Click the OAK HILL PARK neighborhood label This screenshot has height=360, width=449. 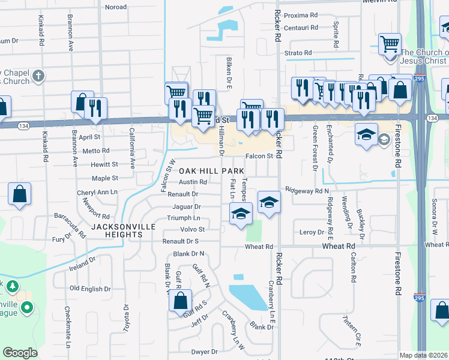[210, 171]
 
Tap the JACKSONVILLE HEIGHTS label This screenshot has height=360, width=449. [124, 230]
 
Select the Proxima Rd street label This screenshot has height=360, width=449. [301, 15]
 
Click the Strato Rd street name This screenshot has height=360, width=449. [298, 53]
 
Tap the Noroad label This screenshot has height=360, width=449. [116, 7]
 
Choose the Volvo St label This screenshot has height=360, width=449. [193, 229]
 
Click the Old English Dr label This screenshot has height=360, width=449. [90, 289]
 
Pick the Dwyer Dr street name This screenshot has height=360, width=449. [203, 352]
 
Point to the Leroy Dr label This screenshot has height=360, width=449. [312, 232]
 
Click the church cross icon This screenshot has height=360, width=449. [39, 76]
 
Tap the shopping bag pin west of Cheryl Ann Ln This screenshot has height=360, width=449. [20, 194]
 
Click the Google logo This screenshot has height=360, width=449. [20, 353]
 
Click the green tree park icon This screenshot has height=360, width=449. [12, 287]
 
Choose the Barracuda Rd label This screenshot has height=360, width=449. [71, 220]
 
